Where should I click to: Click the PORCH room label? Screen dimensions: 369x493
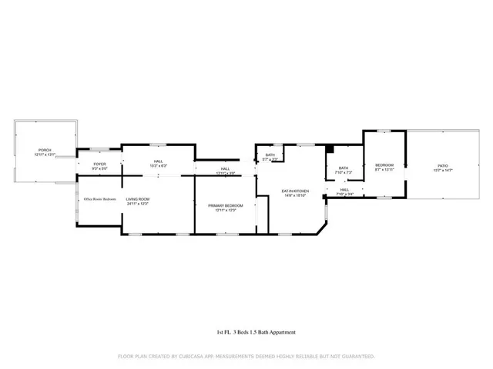tap(45, 150)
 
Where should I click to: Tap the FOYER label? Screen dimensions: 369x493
tap(99, 163)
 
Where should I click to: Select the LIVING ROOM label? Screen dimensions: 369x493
tap(137, 199)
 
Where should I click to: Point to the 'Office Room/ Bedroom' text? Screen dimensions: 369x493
tap(100, 199)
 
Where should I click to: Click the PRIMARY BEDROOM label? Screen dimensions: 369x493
tap(225, 205)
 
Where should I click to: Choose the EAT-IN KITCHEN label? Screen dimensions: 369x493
tap(294, 191)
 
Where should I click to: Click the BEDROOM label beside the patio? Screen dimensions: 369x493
tap(384, 165)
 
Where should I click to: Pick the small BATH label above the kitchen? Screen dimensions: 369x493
tap(270, 155)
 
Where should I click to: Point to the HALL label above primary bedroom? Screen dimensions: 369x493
tap(225, 168)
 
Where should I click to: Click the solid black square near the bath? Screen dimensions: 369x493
tap(329, 148)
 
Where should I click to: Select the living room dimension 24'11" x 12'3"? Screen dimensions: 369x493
tap(137, 204)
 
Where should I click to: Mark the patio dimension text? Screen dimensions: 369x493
tap(443, 170)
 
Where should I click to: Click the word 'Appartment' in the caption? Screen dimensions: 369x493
tap(280, 332)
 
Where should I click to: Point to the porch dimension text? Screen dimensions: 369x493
tap(45, 155)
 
